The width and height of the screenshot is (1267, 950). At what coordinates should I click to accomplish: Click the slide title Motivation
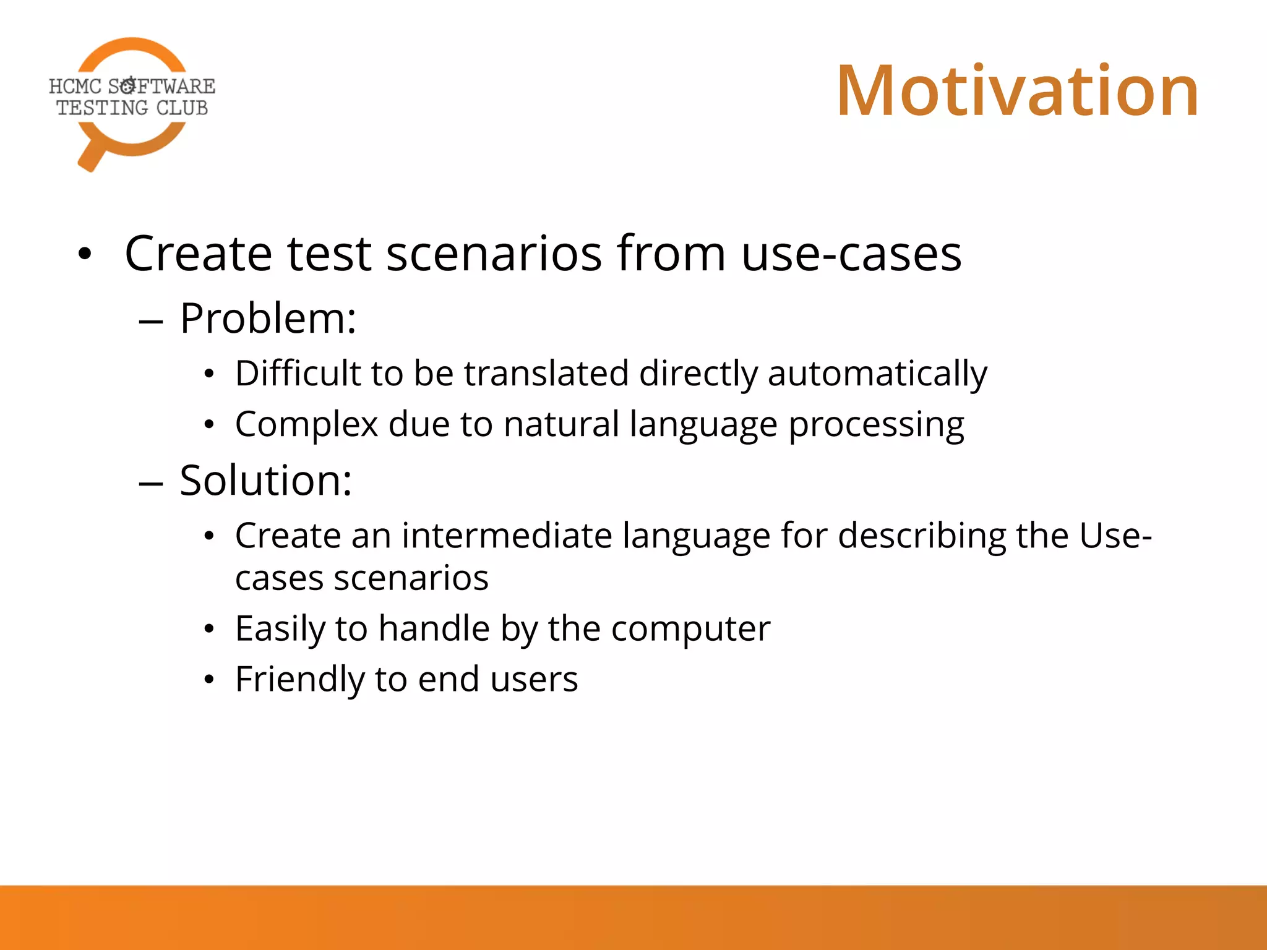(x=1017, y=92)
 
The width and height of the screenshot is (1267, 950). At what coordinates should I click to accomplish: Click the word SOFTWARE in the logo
(x=161, y=86)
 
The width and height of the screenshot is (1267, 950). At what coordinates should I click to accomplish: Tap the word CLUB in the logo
(x=182, y=108)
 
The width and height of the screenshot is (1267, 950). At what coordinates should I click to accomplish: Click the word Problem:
(x=268, y=319)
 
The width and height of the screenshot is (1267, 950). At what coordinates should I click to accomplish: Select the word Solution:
(x=265, y=481)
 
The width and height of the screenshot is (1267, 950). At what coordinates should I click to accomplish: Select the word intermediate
(x=507, y=536)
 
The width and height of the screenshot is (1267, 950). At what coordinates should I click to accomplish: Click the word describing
(x=922, y=536)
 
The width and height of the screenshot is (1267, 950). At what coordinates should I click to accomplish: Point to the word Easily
(x=280, y=630)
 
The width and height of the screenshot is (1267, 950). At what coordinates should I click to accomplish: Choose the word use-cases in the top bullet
(x=851, y=254)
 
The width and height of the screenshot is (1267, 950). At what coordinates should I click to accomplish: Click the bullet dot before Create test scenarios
(x=85, y=254)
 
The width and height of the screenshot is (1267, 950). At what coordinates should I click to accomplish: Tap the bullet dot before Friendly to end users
(x=210, y=680)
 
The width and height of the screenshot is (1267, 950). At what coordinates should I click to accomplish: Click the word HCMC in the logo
(x=75, y=87)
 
